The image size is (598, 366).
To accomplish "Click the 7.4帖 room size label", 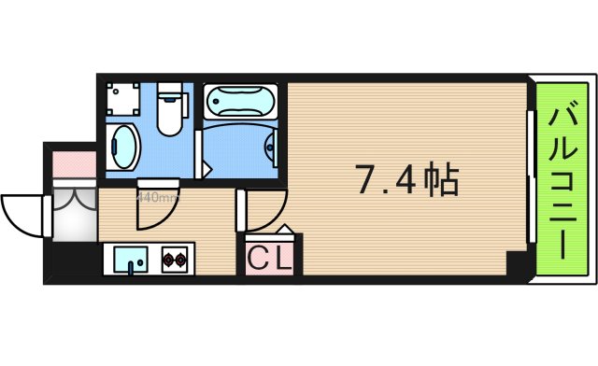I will click(x=406, y=179).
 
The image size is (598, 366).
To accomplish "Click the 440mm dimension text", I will click(x=157, y=197).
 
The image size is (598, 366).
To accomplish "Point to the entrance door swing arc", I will click(x=21, y=210).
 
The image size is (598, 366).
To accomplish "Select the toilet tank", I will click(x=170, y=91).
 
